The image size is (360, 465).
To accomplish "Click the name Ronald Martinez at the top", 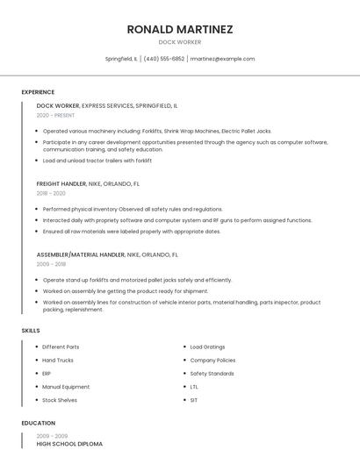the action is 179,29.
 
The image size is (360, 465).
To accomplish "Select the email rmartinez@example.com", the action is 222,59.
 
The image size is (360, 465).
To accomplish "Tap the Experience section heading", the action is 38,92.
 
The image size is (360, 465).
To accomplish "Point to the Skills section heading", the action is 31,330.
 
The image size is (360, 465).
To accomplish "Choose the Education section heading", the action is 38,423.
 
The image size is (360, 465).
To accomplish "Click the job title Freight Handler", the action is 61,184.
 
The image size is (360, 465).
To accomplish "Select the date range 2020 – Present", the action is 55,115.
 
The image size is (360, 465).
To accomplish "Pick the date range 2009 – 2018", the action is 51,263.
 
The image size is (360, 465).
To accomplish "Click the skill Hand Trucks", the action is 58,360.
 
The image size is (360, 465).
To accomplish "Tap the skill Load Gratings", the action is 207,347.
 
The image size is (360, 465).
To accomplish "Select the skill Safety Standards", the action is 212,373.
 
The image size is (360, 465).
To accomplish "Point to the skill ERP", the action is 47,373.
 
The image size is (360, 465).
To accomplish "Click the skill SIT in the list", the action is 194,400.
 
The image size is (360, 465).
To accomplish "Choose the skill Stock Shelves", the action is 60,400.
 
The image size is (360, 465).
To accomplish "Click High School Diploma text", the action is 69,444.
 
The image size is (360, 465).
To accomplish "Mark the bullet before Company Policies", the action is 184,360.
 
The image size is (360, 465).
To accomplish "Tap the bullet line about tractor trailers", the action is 97,161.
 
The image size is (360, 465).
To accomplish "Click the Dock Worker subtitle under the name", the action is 179,42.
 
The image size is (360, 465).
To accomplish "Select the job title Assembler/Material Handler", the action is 81,254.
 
